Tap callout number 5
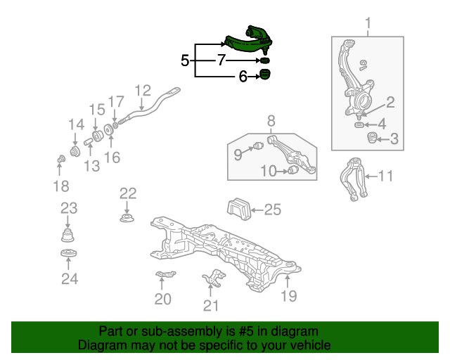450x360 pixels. point(185,60)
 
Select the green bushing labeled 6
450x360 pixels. point(265,75)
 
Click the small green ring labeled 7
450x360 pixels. point(265,60)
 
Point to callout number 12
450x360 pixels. point(143,91)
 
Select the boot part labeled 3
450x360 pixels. point(372,138)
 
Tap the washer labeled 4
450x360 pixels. point(359,125)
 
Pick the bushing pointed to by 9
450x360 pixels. point(259,146)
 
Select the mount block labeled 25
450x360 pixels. point(239,209)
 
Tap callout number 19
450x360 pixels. point(289,296)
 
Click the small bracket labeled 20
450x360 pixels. point(166,274)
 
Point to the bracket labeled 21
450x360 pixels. point(214,278)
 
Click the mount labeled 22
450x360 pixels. point(127,218)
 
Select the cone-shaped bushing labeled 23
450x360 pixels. point(67,236)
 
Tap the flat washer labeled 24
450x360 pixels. point(69,254)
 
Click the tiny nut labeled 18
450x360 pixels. point(61,159)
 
